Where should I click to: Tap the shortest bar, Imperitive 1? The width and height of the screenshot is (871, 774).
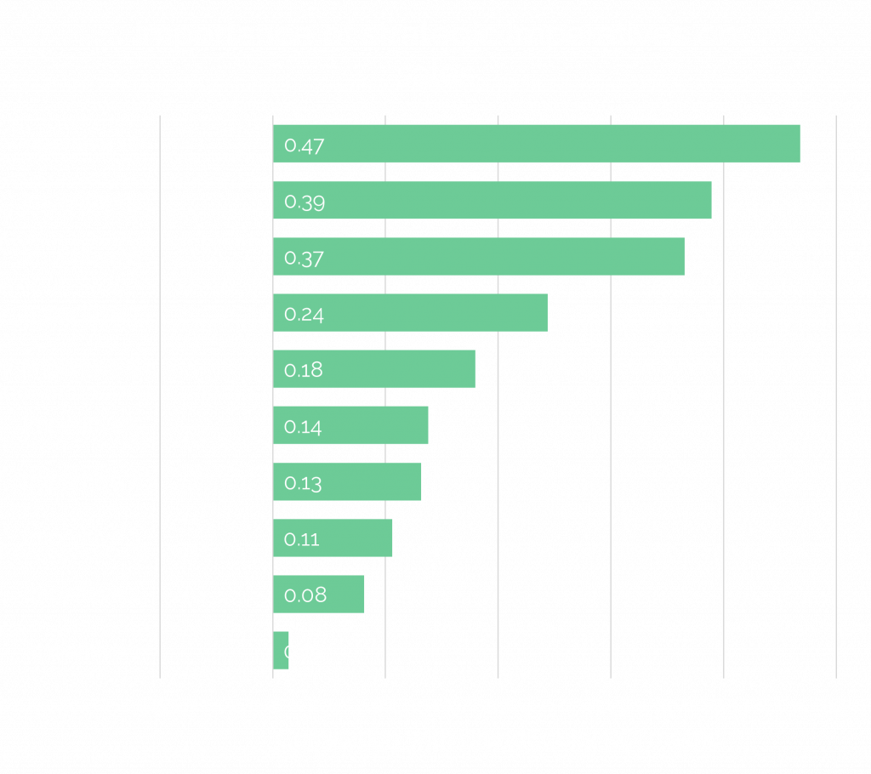click(x=280, y=651)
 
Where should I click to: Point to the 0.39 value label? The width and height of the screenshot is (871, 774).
click(x=305, y=202)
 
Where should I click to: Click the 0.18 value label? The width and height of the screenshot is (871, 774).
click(x=304, y=371)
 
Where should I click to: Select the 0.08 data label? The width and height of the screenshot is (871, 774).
click(x=305, y=595)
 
